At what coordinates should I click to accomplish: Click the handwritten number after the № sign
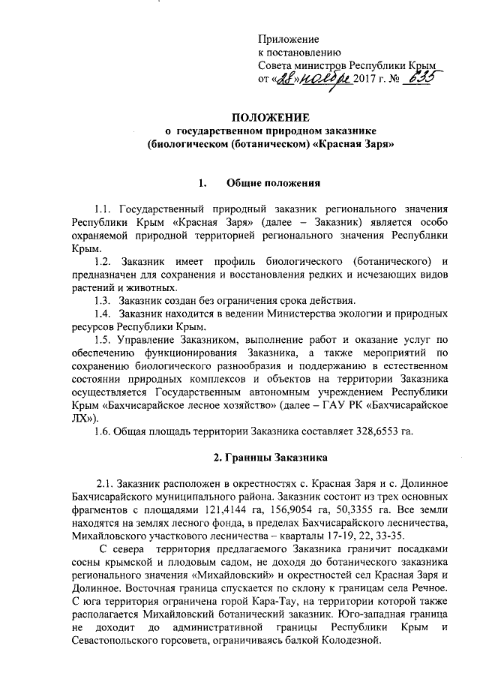click(421, 79)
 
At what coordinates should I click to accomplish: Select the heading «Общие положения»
click(273, 182)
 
